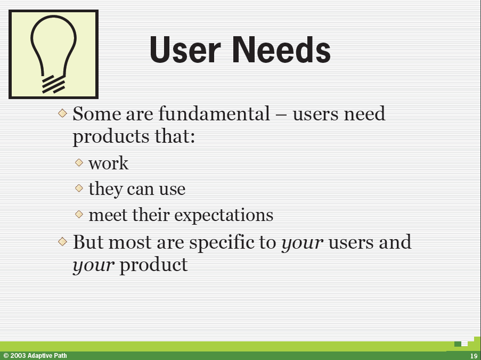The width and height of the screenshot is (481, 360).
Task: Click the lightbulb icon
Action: (53, 54)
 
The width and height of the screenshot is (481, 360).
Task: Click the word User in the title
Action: (185, 50)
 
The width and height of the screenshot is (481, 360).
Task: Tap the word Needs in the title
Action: (282, 50)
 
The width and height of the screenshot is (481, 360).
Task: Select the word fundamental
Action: (214, 113)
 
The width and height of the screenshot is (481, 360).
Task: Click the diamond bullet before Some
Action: (62, 113)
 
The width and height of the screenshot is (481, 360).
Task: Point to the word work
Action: (108, 163)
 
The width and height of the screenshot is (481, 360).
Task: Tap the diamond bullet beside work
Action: (79, 162)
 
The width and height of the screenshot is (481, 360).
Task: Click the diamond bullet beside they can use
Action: (79, 188)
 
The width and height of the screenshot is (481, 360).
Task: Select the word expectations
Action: (224, 215)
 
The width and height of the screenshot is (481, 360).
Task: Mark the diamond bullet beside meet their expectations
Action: (79, 214)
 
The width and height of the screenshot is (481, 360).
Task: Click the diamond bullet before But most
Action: (62, 241)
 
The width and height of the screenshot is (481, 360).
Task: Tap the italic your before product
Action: (94, 266)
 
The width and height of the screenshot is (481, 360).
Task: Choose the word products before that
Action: (111, 137)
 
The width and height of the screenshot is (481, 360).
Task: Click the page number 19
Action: (474, 356)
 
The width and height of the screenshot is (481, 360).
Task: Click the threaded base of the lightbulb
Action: (53, 84)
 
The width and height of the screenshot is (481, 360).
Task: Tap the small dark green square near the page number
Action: (458, 343)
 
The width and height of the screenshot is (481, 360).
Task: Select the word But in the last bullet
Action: (88, 242)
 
